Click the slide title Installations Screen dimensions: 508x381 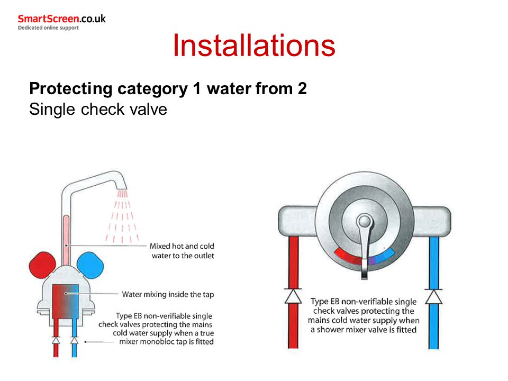pos(254,46)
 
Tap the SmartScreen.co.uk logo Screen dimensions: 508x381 pos(61,19)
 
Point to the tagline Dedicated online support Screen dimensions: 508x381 pos(48,28)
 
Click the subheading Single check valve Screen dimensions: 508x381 pos(98,109)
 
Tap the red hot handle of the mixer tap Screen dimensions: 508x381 pos(42,265)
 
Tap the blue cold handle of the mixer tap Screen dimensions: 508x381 pos(90,265)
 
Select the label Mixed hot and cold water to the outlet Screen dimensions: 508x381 pos(182,251)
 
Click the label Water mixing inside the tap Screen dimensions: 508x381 pos(168,294)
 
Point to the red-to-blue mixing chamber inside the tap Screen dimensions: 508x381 pos(66,301)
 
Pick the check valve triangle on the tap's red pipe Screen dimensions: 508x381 pos(56,340)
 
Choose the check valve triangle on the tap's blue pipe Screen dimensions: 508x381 pos(75,340)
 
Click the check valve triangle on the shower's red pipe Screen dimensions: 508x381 pos(293,296)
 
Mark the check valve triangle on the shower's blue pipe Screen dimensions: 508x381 pos(434,296)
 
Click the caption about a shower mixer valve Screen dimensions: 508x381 pos(364,315)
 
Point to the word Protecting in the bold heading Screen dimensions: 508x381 pos(71,89)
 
